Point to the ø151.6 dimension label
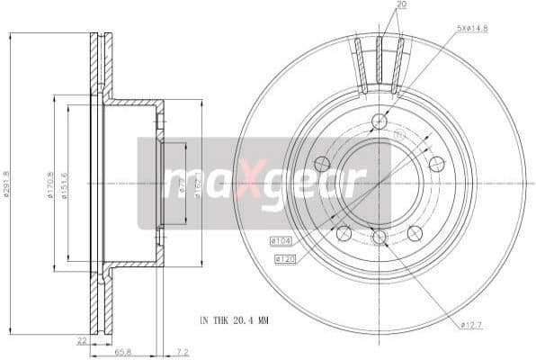pyautogui.click(x=65, y=186)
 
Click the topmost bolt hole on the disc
pyautogui.click(x=379, y=121)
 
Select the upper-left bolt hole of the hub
pyautogui.click(x=321, y=163)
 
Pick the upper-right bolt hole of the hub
pyautogui.click(x=436, y=163)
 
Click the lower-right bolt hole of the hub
pyautogui.click(x=415, y=232)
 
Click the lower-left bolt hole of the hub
pyautogui.click(x=344, y=232)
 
